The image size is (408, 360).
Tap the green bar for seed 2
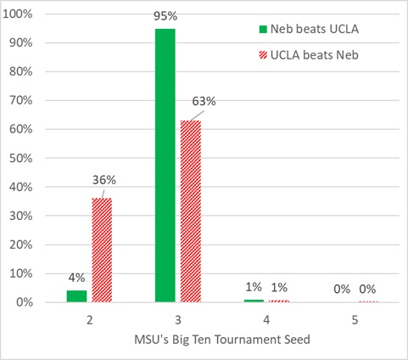[76, 296]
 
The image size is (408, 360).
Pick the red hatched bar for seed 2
[102, 250]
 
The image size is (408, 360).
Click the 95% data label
[165, 16]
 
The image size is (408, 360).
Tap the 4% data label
[75, 278]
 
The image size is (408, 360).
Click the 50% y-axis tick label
[20, 158]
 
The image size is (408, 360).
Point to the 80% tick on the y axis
[20, 71]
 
